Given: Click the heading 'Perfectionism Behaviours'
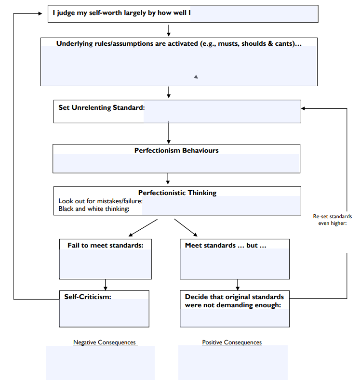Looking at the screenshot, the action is point(176,150).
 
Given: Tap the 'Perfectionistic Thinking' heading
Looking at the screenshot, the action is point(177,193).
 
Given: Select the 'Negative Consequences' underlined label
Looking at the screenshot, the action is point(105,342).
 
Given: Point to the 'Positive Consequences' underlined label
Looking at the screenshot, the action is point(232,342).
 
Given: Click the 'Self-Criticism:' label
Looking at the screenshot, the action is point(88,297).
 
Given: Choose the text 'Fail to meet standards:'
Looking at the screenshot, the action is point(106,245).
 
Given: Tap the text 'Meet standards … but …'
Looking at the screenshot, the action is point(226,245).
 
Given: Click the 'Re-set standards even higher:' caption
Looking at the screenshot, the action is point(333,220).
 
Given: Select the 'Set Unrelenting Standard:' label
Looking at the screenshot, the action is point(102,107).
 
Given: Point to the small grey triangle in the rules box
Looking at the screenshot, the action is point(196,77).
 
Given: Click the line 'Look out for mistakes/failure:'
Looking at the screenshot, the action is point(100,201).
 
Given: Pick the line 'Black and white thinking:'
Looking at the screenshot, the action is point(94,209).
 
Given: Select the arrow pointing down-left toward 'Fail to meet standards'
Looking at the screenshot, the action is point(143,228).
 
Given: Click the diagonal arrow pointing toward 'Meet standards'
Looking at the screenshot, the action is point(186,228).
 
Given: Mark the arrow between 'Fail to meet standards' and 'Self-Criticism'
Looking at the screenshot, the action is point(105,285).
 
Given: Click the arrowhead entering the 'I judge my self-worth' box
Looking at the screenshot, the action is point(40,13).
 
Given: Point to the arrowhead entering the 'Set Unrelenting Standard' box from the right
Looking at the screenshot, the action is point(303,108).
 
